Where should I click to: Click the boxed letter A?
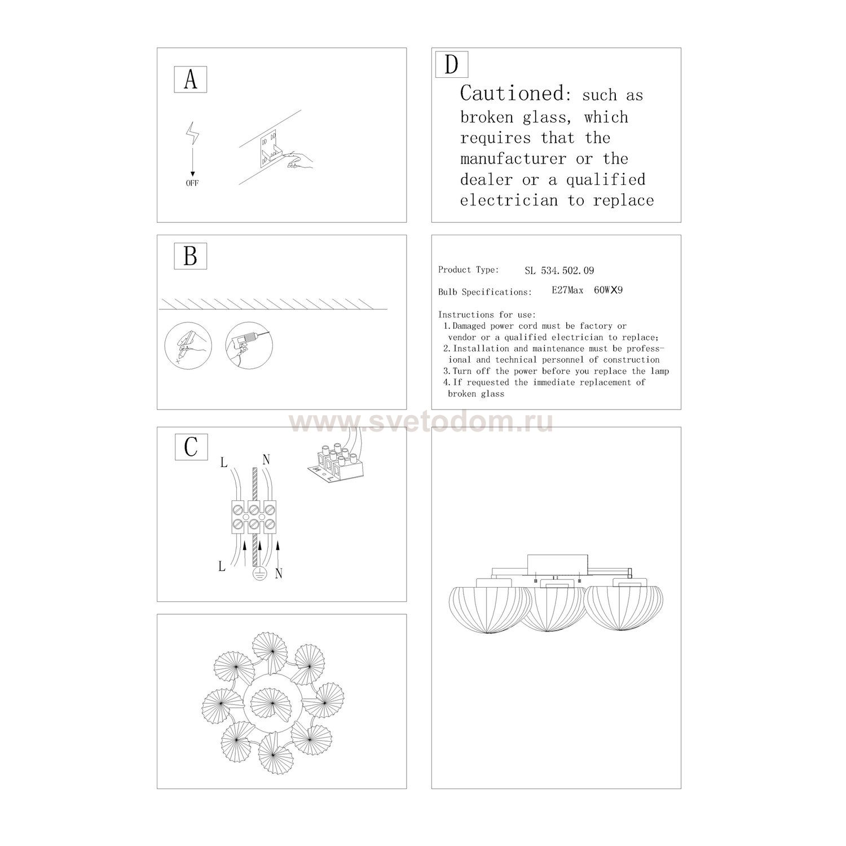(191, 80)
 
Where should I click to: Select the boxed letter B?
(191, 256)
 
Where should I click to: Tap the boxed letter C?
(191, 447)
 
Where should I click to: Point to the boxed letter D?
(451, 64)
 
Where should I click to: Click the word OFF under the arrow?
(192, 183)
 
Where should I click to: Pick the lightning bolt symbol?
(193, 133)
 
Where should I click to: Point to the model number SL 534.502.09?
(559, 271)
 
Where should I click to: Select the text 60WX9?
(608, 290)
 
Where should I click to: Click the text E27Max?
(567, 290)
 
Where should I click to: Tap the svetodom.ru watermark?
(421, 422)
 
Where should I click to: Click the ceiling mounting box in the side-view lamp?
(558, 565)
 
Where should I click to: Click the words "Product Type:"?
(468, 270)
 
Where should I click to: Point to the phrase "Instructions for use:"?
(487, 315)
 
